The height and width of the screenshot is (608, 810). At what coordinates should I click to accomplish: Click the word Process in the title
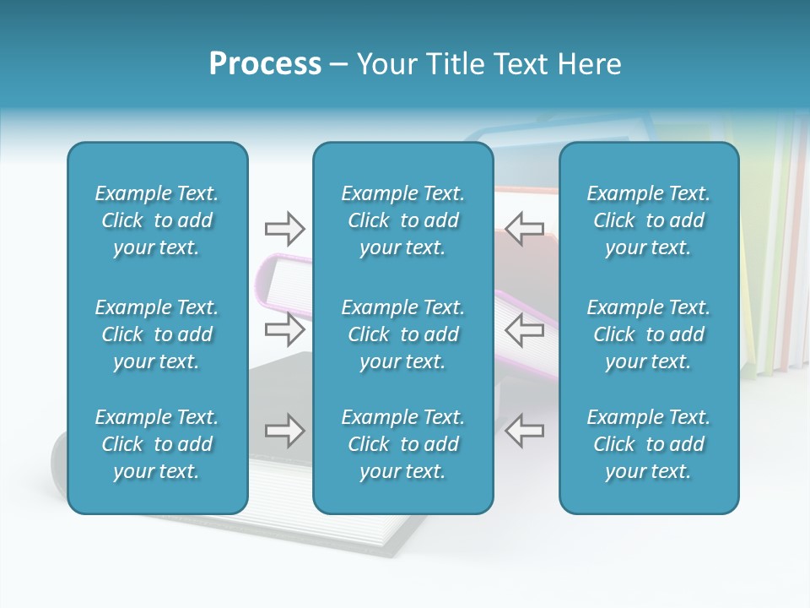point(265,64)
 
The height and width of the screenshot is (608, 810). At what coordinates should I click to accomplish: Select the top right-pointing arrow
point(284,228)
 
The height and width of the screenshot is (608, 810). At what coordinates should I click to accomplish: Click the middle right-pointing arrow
point(284,329)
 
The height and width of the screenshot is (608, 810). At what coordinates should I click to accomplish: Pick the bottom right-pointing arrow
point(284,431)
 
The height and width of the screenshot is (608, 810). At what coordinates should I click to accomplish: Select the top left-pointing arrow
point(524,228)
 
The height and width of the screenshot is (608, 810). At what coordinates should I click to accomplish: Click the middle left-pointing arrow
point(524,329)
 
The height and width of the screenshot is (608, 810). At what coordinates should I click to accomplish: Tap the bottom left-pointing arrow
point(524,431)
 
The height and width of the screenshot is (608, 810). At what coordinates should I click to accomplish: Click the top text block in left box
point(157,220)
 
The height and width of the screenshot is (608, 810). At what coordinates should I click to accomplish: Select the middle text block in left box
point(157,334)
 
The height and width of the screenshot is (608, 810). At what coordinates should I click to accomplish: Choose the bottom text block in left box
point(157,444)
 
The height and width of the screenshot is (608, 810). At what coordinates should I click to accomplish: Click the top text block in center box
point(402,220)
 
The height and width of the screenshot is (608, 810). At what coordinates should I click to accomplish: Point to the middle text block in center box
point(402,334)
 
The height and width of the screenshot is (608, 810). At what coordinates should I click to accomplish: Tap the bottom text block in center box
point(402,444)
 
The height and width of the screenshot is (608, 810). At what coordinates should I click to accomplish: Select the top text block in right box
point(648,220)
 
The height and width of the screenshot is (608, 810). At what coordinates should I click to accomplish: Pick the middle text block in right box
point(648,334)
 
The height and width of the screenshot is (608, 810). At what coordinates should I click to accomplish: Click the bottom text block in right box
point(648,444)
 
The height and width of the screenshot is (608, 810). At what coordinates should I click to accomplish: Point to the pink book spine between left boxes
point(278,274)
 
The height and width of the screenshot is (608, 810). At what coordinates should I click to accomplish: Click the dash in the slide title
point(339,65)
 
